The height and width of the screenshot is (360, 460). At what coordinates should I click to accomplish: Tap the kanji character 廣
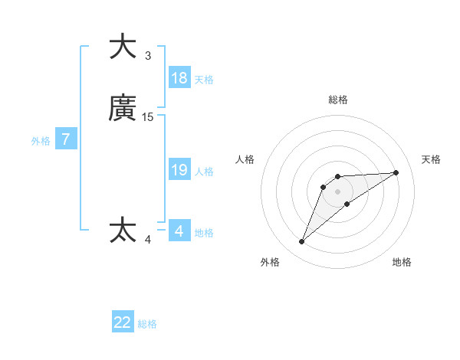123,110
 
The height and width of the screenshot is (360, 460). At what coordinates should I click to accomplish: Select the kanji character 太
123,230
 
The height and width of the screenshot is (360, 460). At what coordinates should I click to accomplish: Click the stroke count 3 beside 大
148,55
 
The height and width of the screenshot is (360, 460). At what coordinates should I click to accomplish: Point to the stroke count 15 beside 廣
148,117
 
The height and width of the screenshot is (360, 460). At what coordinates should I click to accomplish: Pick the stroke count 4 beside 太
148,240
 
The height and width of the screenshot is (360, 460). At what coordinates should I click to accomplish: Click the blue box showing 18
179,78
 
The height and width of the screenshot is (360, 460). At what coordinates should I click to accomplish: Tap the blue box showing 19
179,170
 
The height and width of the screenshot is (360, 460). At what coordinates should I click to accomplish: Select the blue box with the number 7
66,139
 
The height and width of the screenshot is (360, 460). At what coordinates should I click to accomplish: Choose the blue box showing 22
123,322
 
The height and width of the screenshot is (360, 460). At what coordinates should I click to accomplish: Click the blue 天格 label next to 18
204,80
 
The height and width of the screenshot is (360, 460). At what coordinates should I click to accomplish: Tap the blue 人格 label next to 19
204,172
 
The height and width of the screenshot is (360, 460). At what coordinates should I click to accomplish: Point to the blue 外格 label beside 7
41,141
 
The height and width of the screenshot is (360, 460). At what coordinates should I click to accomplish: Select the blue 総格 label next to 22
147,324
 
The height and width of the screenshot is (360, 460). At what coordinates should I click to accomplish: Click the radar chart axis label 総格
337,100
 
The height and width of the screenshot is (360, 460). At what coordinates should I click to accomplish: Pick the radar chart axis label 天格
431,159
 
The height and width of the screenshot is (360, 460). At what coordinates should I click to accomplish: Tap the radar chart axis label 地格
402,262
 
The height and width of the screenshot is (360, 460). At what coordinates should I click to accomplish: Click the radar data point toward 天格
396,172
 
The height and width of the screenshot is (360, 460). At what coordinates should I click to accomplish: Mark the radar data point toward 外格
302,242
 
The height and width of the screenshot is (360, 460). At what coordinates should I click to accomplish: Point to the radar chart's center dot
337,191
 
